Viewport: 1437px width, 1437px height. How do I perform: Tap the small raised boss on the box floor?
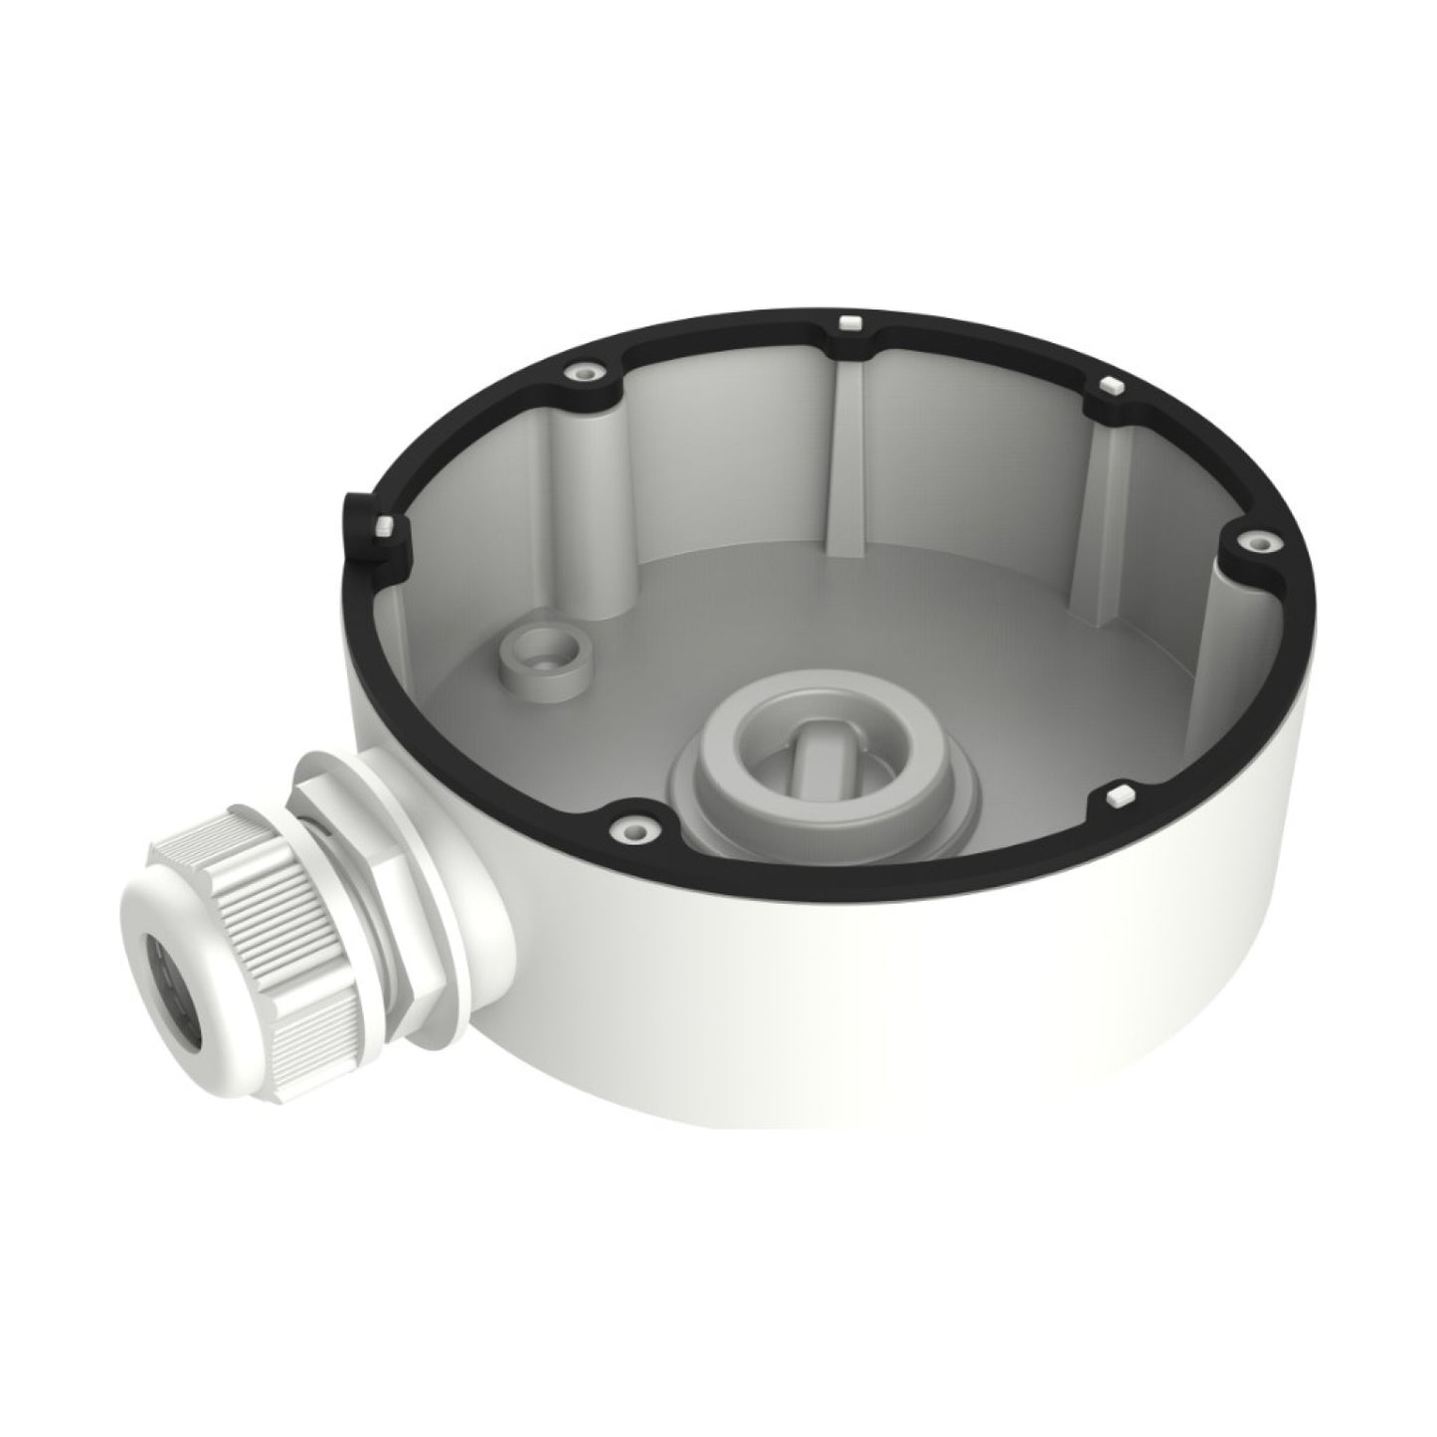pos(543,657)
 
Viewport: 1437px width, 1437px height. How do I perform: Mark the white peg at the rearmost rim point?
pos(848,323)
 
